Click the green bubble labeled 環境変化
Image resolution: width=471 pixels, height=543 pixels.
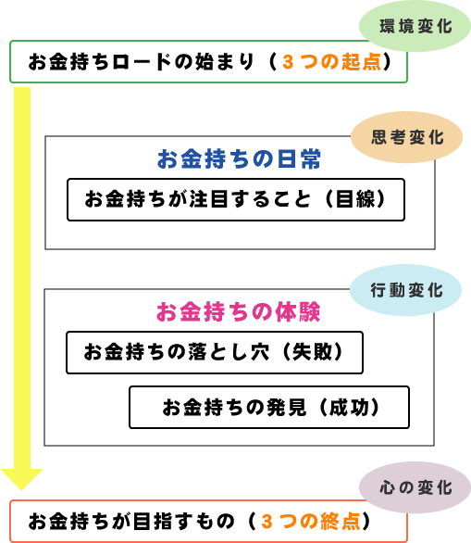415,26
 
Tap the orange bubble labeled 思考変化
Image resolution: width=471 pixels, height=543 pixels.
406,137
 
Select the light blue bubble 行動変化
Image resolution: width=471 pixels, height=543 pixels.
405,290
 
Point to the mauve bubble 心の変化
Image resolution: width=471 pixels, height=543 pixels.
415,487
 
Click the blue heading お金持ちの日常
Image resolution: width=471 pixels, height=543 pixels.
239,159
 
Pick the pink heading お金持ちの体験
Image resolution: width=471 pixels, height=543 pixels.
238,311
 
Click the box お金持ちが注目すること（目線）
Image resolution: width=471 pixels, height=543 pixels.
236,200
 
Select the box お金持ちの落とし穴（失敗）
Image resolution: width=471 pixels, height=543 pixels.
215,352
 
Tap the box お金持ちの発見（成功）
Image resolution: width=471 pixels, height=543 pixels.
269,408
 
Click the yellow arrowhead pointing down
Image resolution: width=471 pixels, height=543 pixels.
21,479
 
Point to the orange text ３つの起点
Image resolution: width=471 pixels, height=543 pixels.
332,62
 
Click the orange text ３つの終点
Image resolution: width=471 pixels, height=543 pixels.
311,521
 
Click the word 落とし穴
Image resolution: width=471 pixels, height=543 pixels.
229,352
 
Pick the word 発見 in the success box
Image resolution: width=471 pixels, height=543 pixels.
287,407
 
